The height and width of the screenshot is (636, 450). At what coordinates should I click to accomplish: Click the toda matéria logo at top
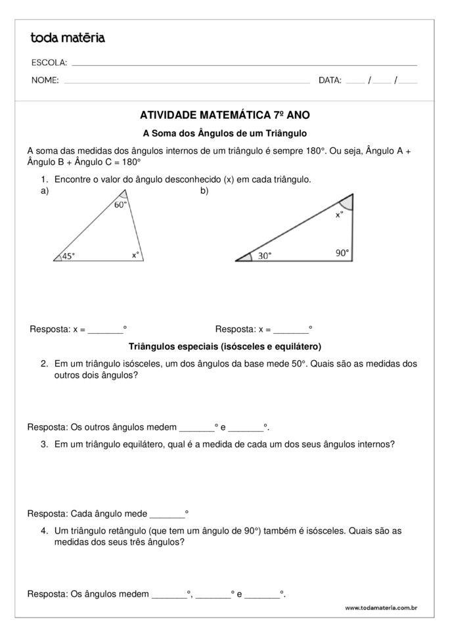(x=68, y=38)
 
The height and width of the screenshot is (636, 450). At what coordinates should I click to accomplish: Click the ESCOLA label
(x=49, y=63)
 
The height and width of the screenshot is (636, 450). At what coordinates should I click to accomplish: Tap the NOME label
(x=45, y=81)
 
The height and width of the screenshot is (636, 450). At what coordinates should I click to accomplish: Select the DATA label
(x=330, y=81)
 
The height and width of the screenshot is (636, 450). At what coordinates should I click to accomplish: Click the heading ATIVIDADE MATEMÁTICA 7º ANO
(x=225, y=114)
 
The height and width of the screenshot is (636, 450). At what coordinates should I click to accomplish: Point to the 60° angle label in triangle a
(x=121, y=205)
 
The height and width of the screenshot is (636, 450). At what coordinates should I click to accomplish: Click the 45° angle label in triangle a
(x=68, y=256)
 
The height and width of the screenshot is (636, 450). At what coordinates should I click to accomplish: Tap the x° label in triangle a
(x=135, y=255)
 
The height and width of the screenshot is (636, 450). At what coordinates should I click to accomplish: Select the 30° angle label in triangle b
(x=264, y=256)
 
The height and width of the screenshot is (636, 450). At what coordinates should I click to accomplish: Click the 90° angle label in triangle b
(x=342, y=252)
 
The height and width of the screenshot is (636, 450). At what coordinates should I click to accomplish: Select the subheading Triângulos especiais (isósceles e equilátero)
(x=225, y=346)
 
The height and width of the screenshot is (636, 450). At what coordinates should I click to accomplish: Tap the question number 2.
(x=44, y=363)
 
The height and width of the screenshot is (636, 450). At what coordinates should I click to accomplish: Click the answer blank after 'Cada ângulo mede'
(x=167, y=514)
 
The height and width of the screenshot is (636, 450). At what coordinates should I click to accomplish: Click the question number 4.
(x=44, y=531)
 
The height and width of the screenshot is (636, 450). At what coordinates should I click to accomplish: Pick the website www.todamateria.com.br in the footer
(x=381, y=608)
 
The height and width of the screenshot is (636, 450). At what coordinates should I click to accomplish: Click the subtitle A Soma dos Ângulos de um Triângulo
(x=225, y=133)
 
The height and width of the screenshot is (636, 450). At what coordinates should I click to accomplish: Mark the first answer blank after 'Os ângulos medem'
(x=169, y=595)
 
